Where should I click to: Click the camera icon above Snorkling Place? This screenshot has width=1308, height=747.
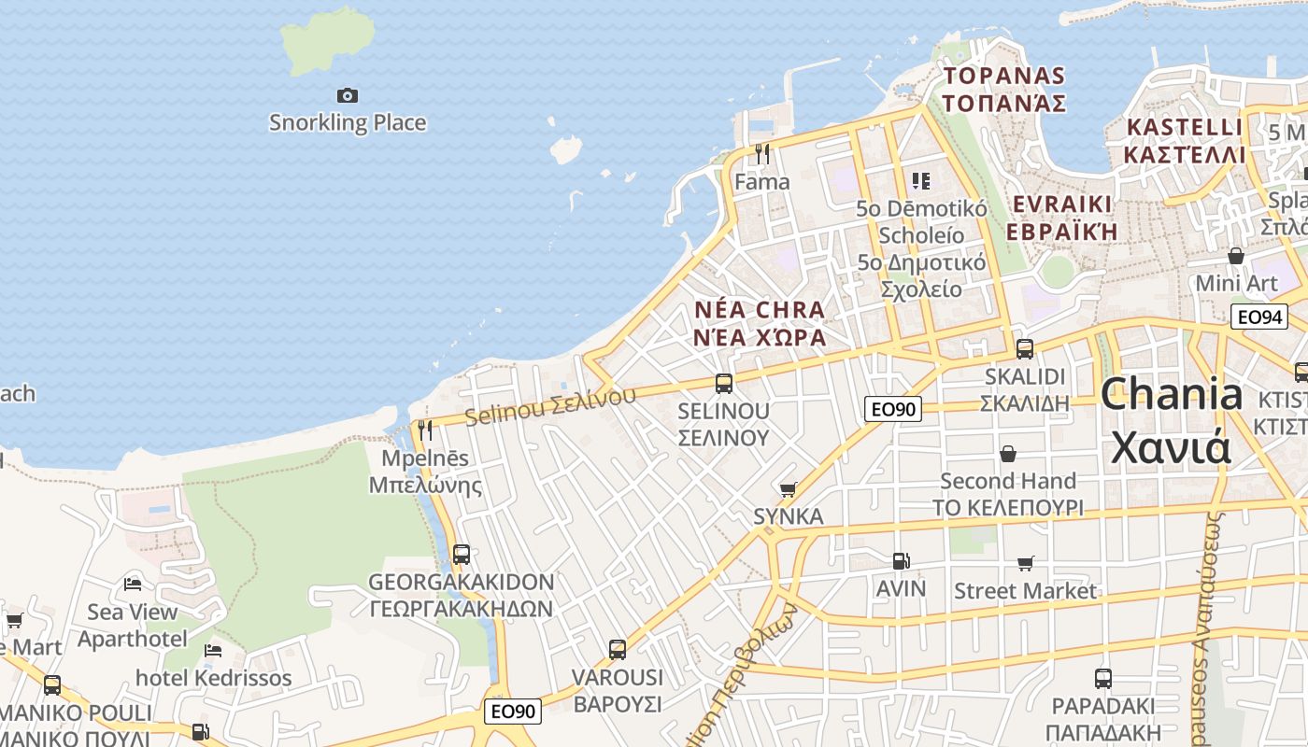(x=348, y=95)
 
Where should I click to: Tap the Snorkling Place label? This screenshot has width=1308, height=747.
(x=348, y=122)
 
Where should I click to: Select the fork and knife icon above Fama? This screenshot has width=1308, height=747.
(x=762, y=153)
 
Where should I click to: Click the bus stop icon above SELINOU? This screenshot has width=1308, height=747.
(x=723, y=383)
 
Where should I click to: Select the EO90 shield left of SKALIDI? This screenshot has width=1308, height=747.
(x=893, y=408)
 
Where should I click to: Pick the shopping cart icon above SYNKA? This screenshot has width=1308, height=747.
(x=789, y=489)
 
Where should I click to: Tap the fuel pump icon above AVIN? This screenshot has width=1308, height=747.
(x=901, y=561)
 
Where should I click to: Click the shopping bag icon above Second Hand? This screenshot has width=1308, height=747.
(x=1008, y=455)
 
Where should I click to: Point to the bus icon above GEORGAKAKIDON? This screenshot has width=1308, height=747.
(x=461, y=554)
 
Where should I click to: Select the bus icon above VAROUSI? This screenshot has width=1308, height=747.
(x=617, y=649)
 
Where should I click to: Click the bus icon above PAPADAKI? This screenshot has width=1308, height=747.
(x=1102, y=679)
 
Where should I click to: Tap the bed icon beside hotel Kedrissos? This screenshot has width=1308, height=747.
(x=213, y=650)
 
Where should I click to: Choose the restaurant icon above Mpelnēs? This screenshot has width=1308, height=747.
(x=425, y=430)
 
